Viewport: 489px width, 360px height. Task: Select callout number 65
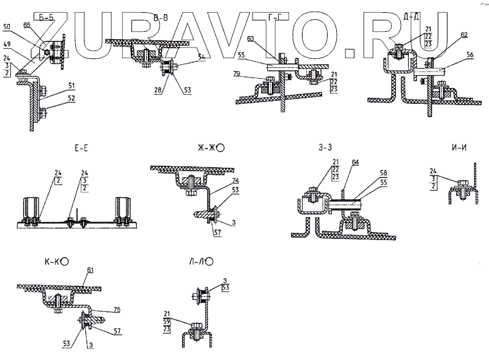point(27,24)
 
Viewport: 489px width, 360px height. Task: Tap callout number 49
point(7,44)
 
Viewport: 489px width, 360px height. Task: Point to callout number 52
point(72,98)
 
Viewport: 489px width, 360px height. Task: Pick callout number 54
point(201,56)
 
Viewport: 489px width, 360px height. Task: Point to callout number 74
point(235,182)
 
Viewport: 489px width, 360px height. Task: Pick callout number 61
point(90,270)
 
